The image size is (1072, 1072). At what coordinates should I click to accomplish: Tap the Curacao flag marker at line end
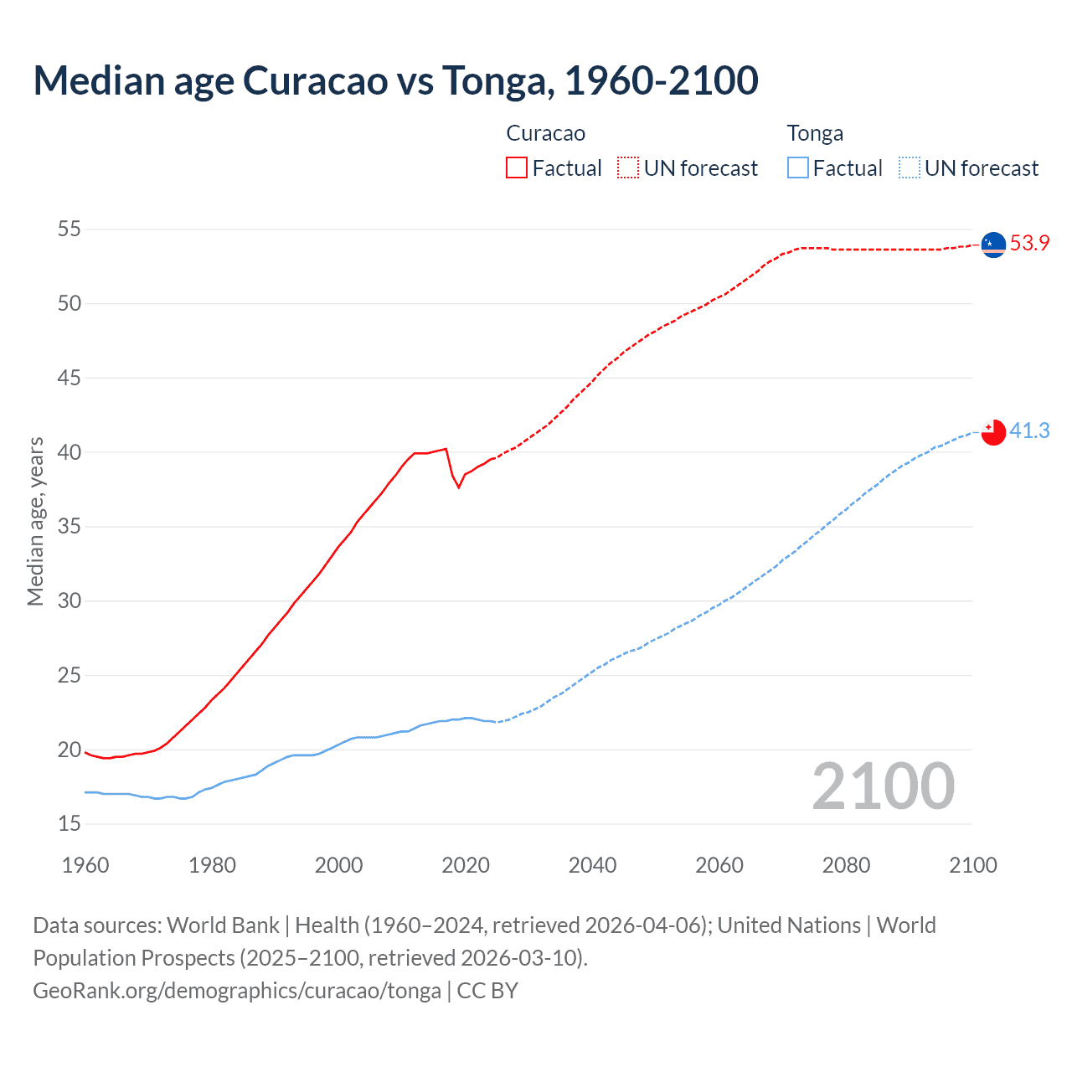click(x=992, y=245)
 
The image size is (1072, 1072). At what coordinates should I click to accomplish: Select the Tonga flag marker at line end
click(x=992, y=431)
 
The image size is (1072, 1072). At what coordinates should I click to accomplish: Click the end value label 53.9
click(x=1029, y=244)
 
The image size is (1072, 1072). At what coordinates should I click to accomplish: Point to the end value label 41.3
click(x=1029, y=430)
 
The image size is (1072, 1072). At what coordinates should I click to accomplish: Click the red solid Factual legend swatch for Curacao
click(x=517, y=168)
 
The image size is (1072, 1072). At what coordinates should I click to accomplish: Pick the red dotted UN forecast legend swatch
click(x=628, y=168)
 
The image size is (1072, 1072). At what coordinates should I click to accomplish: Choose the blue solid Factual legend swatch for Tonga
click(x=797, y=168)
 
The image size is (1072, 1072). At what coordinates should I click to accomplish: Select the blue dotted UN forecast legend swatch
click(x=909, y=168)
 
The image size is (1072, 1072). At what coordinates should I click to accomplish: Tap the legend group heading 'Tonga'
click(x=815, y=134)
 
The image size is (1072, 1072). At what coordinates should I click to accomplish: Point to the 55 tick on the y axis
click(x=70, y=229)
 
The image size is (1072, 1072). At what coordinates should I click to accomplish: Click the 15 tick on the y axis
click(x=70, y=824)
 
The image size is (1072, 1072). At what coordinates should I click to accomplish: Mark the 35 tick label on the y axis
click(x=70, y=527)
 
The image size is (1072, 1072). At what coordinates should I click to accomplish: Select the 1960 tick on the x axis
click(x=85, y=865)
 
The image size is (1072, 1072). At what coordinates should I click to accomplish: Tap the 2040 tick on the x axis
click(x=592, y=865)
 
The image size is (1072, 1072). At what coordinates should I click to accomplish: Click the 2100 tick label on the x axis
click(x=972, y=865)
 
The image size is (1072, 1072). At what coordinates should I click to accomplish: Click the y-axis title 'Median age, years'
click(x=35, y=521)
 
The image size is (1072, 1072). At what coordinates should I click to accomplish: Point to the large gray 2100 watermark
click(x=883, y=786)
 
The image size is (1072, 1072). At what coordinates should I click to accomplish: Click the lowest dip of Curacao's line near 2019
click(x=459, y=487)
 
